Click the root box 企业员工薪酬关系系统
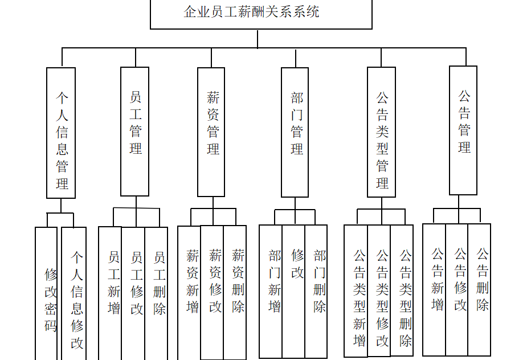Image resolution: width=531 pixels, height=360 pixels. point(261,13)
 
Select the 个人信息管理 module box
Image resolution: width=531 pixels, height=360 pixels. point(61,133)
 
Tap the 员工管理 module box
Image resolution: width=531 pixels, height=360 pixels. point(135,132)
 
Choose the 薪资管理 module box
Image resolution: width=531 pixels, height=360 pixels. point(211,132)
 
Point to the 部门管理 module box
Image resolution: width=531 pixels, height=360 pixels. point(295,132)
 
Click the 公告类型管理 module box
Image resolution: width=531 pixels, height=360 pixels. point(382,132)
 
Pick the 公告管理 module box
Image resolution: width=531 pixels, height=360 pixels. point(463,130)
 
